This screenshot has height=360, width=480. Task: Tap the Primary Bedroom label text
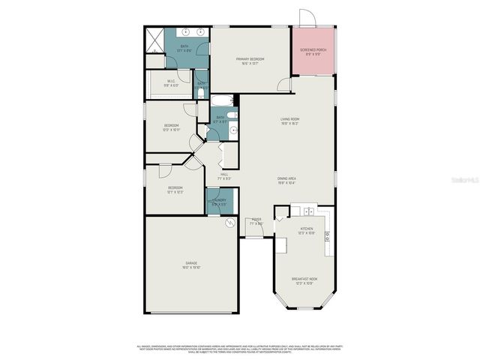[x=250, y=61]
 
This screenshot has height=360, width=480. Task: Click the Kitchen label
[x=306, y=230]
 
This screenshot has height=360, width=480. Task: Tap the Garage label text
[x=191, y=265]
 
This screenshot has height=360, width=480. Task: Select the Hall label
[x=223, y=177]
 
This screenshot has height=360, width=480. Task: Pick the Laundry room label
[x=219, y=202]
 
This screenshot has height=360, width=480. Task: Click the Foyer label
[x=256, y=221]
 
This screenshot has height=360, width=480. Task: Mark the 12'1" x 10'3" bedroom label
[x=175, y=190]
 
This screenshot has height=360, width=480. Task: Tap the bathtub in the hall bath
[x=222, y=100]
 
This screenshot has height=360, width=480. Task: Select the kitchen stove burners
[x=327, y=236]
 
